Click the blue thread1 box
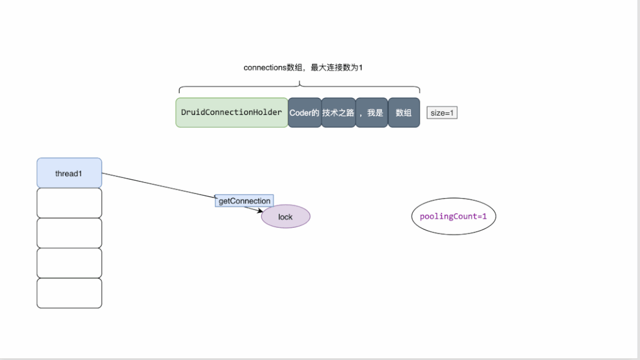tap(69, 173)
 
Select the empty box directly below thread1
tap(69, 203)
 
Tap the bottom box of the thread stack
tap(69, 293)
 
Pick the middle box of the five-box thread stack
tap(69, 233)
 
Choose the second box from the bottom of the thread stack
tap(69, 263)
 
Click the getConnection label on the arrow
tap(244, 201)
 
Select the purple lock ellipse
tap(285, 216)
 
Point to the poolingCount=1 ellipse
tap(453, 216)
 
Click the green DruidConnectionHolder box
tap(231, 113)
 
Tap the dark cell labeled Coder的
tap(304, 113)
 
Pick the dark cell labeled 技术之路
tap(338, 113)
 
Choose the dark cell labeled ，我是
tap(371, 113)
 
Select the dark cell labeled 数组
tap(403, 113)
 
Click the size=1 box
tap(442, 113)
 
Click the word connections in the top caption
tap(265, 68)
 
